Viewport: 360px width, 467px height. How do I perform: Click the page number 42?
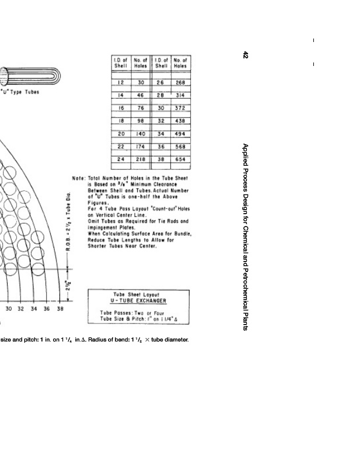click(246, 55)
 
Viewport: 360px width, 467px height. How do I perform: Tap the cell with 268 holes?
click(180, 83)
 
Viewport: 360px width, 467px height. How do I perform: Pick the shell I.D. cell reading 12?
click(121, 83)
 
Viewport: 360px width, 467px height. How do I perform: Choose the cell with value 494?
click(180, 134)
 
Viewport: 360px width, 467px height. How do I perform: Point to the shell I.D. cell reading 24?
click(121, 159)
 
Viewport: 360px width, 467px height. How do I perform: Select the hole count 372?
click(180, 108)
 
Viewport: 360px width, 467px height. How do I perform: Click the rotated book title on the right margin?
click(246, 237)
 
